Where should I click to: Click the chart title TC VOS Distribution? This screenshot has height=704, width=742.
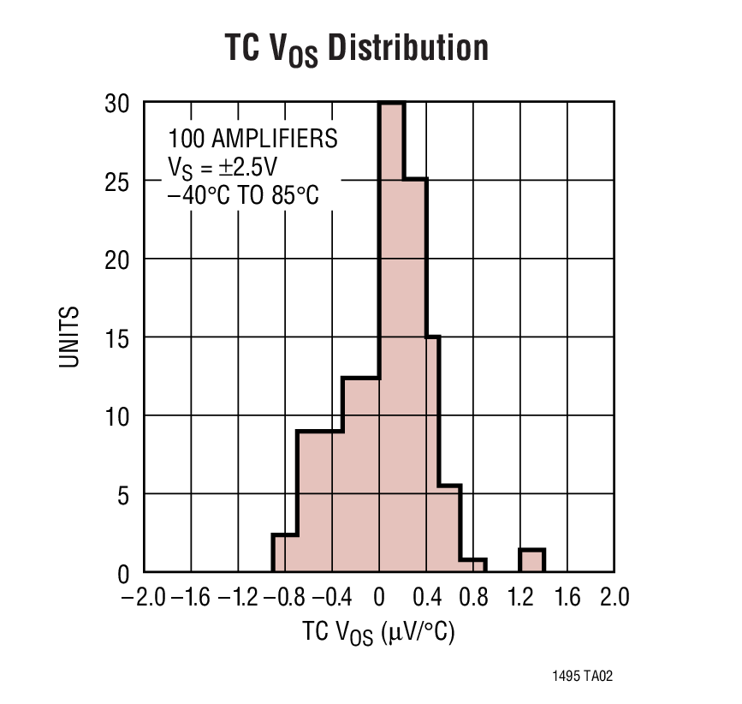[x=356, y=49]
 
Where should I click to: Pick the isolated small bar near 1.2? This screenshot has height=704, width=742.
[x=531, y=561]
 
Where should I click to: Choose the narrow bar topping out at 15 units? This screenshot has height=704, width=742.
[x=433, y=454]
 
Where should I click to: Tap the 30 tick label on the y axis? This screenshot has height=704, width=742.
[x=118, y=103]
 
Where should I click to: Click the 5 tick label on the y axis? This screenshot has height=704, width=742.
[x=124, y=494]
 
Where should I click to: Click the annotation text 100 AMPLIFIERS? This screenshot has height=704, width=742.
[x=252, y=139]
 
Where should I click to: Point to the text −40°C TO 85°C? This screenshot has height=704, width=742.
[x=243, y=194]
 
